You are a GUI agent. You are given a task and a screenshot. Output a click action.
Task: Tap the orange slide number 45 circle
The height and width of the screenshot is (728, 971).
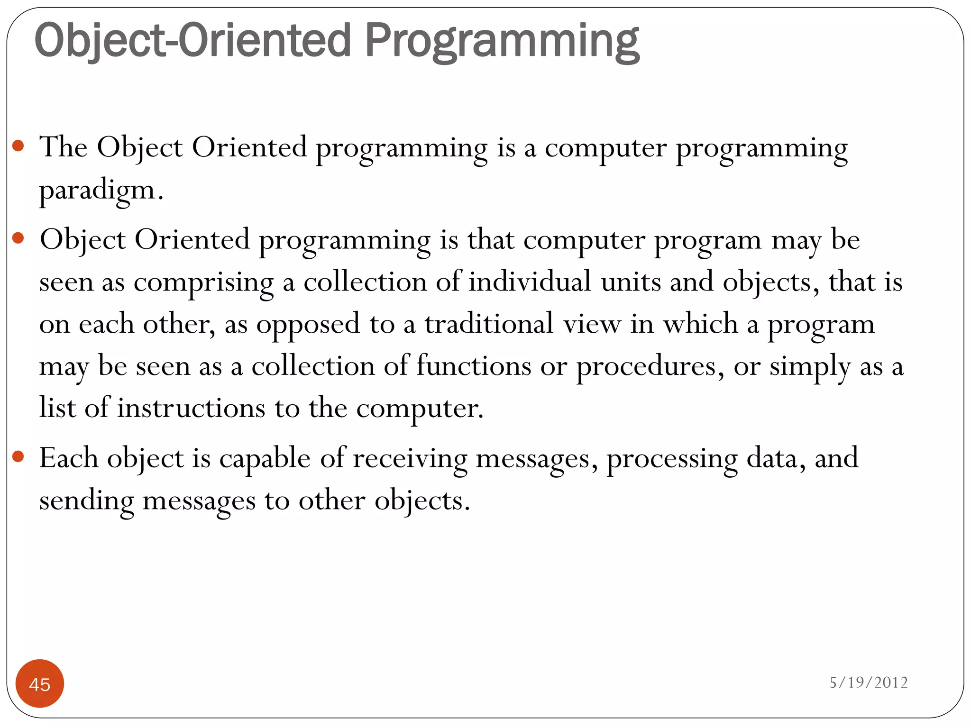tap(40, 684)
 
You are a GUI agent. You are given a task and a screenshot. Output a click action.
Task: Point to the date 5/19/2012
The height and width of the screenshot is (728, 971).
tap(868, 682)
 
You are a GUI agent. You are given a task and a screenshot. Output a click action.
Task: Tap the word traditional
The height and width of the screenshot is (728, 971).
tap(489, 324)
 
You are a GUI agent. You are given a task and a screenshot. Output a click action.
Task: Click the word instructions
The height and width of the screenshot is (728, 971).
tap(191, 408)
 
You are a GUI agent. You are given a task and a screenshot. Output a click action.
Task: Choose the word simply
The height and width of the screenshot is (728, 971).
tap(810, 367)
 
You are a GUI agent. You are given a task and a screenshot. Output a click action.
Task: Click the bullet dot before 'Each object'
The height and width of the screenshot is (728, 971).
tap(18, 456)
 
